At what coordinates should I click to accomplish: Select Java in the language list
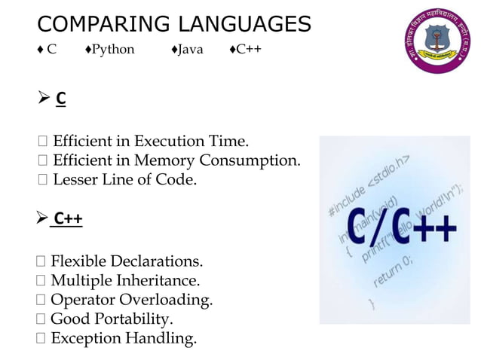pyautogui.click(x=189, y=50)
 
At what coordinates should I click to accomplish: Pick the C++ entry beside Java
pyautogui.click(x=248, y=50)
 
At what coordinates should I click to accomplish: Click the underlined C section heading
pyautogui.click(x=61, y=99)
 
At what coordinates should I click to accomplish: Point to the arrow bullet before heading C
pyautogui.click(x=44, y=99)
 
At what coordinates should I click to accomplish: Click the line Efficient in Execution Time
pyautogui.click(x=150, y=142)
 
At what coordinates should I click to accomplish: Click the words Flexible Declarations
pyautogui.click(x=127, y=262)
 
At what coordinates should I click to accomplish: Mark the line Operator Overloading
pyautogui.click(x=131, y=301)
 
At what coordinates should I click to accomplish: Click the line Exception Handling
pyautogui.click(x=123, y=339)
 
